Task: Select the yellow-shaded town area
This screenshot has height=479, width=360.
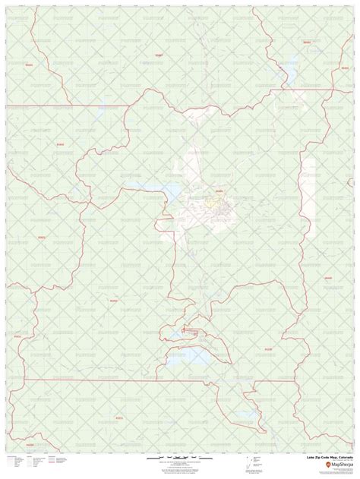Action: tap(215, 203)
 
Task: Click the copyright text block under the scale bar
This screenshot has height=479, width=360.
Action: tap(178, 466)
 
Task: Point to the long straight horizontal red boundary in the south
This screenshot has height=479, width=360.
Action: tap(91, 379)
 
